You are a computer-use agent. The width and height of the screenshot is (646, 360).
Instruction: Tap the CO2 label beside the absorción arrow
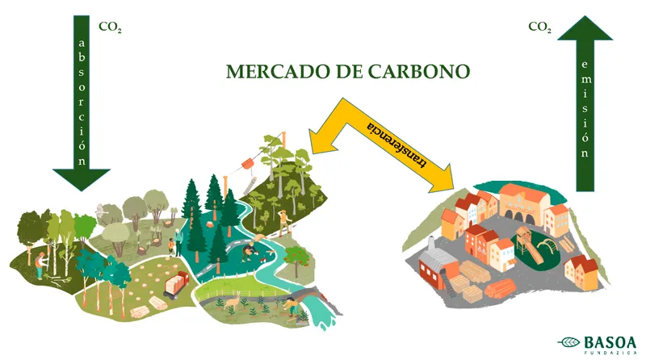[110, 26]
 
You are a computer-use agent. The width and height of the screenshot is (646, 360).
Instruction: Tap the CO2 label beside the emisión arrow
[540, 26]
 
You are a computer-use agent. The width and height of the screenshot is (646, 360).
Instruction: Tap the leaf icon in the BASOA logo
[568, 341]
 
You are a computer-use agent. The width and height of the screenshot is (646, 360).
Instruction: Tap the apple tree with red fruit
[300, 257]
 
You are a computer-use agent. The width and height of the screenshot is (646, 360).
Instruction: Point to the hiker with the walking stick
[283, 220]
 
